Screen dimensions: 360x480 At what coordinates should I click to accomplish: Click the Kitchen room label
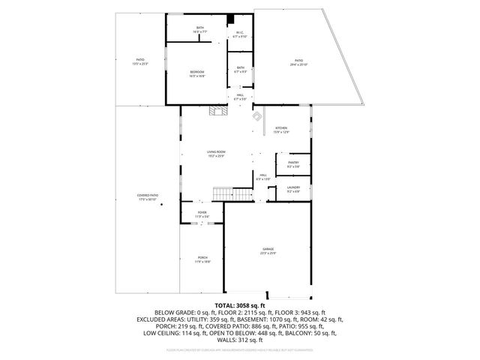point(281,130)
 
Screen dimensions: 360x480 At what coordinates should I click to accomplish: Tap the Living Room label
point(216,154)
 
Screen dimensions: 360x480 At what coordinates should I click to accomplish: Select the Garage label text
point(268,250)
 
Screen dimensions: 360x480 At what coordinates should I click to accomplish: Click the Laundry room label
point(293,189)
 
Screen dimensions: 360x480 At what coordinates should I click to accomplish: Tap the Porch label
point(202,259)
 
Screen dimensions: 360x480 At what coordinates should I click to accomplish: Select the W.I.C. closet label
point(239,34)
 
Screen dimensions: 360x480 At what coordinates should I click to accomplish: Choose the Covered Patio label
point(148,197)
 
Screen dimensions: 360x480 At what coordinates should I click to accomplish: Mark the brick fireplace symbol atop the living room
point(218,111)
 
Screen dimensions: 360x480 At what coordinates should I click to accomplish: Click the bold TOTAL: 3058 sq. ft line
point(240,306)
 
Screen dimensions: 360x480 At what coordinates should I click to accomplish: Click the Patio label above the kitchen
point(298,62)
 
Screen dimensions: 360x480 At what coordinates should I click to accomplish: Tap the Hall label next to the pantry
point(263,178)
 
